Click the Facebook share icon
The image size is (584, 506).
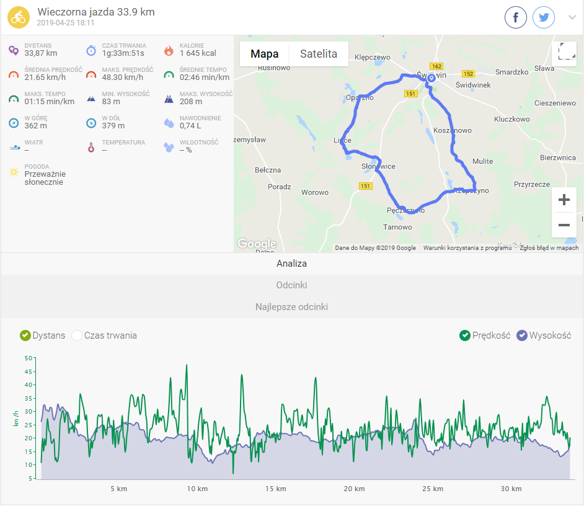pyautogui.click(x=516, y=17)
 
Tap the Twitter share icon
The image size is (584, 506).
pyautogui.click(x=544, y=17)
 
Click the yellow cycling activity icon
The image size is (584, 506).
pyautogui.click(x=19, y=18)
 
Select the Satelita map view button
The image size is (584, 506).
pyautogui.click(x=319, y=54)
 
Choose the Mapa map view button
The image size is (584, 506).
pyautogui.click(x=265, y=54)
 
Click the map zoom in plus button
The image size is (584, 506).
pyautogui.click(x=564, y=200)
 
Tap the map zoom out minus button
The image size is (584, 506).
pyautogui.click(x=564, y=224)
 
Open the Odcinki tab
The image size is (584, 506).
pyautogui.click(x=292, y=285)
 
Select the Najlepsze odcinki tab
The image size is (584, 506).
pyautogui.click(x=292, y=307)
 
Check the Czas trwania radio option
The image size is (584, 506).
pyautogui.click(x=77, y=335)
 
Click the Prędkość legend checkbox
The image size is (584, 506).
pyautogui.click(x=465, y=335)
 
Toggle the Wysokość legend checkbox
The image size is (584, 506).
pyautogui.click(x=522, y=335)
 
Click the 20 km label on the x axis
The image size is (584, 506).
pyautogui.click(x=354, y=489)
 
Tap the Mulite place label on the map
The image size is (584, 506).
pyautogui.click(x=482, y=161)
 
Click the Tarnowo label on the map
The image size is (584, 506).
pyautogui.click(x=397, y=227)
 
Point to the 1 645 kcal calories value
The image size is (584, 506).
pyautogui.click(x=198, y=53)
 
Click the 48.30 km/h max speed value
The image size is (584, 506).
pyautogui.click(x=123, y=78)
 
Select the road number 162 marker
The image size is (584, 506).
pyautogui.click(x=436, y=66)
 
